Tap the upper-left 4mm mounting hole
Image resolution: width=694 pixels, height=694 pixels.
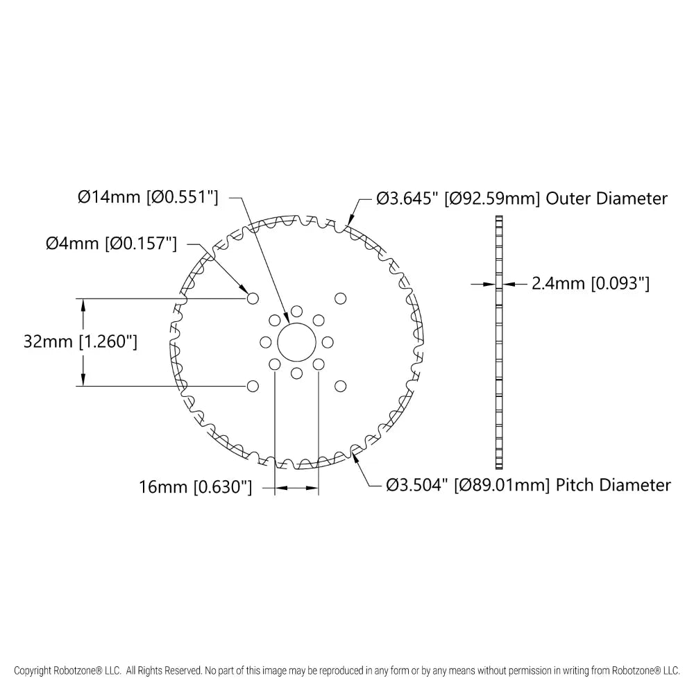tap(253, 298)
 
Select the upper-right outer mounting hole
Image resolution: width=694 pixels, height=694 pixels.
tap(340, 298)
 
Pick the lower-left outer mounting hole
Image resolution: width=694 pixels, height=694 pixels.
tap(253, 386)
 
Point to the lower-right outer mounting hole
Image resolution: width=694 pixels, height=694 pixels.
tap(340, 386)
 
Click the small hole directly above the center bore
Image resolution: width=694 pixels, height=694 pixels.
tap(296, 311)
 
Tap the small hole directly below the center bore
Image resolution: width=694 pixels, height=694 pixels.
tap(296, 373)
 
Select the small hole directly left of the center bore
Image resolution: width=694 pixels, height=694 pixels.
tap(266, 342)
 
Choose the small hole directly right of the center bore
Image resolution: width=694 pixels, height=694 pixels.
tap(328, 342)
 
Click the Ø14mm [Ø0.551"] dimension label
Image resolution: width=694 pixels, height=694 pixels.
tap(148, 197)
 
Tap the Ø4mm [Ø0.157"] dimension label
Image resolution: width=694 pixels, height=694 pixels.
tap(111, 244)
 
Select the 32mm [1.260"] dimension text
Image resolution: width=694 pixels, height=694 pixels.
tap(80, 341)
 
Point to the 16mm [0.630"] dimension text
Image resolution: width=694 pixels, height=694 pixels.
tap(196, 487)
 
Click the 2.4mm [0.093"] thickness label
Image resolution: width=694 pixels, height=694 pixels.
tap(591, 283)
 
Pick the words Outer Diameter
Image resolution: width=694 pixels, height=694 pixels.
tap(607, 198)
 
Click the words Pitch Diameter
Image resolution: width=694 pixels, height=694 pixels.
tap(613, 485)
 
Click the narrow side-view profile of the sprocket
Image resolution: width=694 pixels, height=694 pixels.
tap(499, 342)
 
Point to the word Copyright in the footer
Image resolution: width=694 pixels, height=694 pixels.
tap(33, 671)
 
